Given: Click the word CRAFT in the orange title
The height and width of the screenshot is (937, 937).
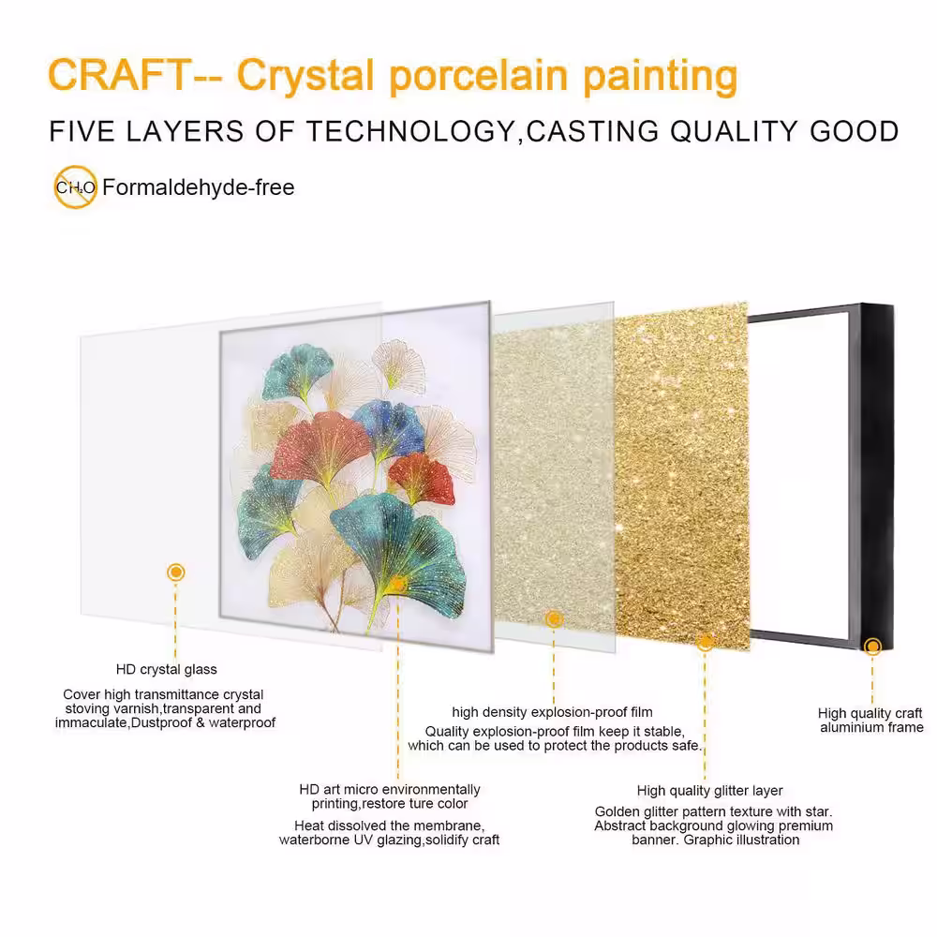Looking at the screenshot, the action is pyautogui.click(x=120, y=74).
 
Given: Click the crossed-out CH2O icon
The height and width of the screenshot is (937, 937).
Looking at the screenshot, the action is pyautogui.click(x=75, y=187).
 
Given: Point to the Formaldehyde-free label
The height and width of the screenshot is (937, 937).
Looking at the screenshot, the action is pyautogui.click(x=199, y=187).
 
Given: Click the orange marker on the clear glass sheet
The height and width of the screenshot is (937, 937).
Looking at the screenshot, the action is pyautogui.click(x=176, y=572).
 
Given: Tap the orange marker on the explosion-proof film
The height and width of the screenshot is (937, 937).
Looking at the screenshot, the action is pyautogui.click(x=554, y=618).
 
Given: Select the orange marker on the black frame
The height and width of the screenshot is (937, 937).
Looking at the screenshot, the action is pyautogui.click(x=873, y=646).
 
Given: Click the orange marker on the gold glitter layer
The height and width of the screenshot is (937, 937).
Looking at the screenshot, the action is pyautogui.click(x=706, y=642).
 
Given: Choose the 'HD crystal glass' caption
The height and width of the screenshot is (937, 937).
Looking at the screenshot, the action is pyautogui.click(x=167, y=669).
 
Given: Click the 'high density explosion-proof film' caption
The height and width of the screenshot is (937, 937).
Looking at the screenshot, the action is pyautogui.click(x=552, y=712).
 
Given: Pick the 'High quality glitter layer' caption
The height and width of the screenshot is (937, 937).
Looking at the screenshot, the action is pyautogui.click(x=710, y=791).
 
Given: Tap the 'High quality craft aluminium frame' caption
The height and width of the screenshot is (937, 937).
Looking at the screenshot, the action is pyautogui.click(x=870, y=720).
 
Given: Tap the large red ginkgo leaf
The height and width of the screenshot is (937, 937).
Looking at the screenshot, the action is pyautogui.click(x=319, y=448).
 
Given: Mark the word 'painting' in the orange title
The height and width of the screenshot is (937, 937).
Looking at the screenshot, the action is pyautogui.click(x=661, y=77).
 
